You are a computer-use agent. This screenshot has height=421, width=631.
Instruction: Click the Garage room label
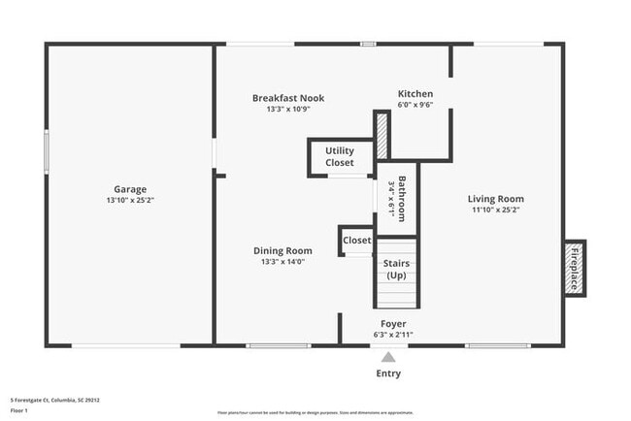[x=129, y=189]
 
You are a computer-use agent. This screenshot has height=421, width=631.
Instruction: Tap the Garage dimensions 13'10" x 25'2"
[x=129, y=200]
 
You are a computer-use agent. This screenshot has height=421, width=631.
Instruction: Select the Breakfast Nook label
[x=288, y=98]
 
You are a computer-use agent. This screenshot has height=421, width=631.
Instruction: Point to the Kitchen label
[x=415, y=94]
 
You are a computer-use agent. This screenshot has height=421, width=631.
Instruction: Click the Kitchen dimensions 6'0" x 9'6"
[x=415, y=105]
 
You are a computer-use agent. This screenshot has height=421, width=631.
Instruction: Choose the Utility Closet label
[x=340, y=157]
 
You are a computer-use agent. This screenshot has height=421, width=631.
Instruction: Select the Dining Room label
[x=282, y=250]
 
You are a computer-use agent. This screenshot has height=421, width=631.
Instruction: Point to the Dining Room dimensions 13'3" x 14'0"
[x=282, y=261]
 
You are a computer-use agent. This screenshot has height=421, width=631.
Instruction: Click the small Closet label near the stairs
[x=356, y=241]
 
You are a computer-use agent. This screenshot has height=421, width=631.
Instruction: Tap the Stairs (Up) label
[x=396, y=269]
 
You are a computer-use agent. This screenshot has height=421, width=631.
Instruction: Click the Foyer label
[x=393, y=324]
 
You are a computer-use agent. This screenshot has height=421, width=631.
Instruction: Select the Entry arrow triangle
[x=388, y=356]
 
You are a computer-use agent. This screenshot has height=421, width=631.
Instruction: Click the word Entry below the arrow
[x=388, y=373]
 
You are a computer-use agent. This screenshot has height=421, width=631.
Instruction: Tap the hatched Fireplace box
[x=574, y=269]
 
